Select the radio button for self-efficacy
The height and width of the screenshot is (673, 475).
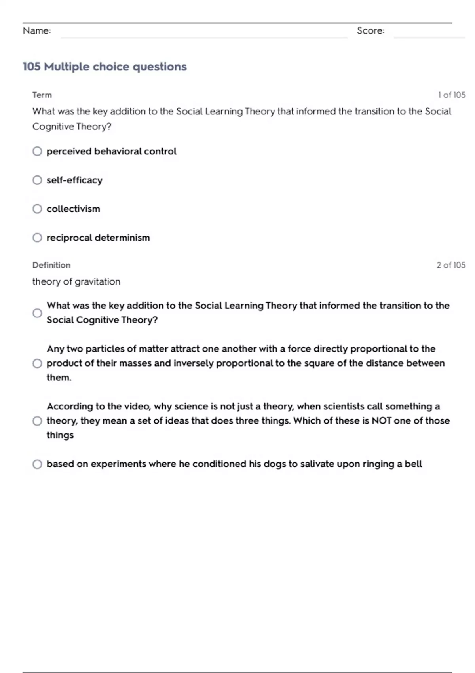(x=37, y=180)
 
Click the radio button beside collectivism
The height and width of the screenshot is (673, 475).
(x=37, y=209)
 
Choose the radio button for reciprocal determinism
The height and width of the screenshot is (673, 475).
(x=37, y=238)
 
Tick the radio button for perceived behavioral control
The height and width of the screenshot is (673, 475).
(x=37, y=151)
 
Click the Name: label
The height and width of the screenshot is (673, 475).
(x=37, y=31)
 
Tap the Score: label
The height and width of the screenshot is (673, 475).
(x=370, y=31)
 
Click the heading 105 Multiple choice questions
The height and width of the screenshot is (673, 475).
(x=104, y=67)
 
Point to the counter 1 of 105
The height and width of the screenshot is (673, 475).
(x=452, y=95)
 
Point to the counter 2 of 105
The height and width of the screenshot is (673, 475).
(x=451, y=265)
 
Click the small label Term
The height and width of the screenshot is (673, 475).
(x=42, y=95)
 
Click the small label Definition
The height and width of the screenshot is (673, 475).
(x=51, y=265)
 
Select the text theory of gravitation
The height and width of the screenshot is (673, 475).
(x=76, y=282)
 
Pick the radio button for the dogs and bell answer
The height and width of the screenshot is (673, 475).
(x=37, y=464)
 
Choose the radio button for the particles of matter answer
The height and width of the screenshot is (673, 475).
(x=37, y=363)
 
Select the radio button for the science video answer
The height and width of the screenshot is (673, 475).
(x=37, y=421)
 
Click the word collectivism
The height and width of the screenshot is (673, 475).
(x=73, y=209)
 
